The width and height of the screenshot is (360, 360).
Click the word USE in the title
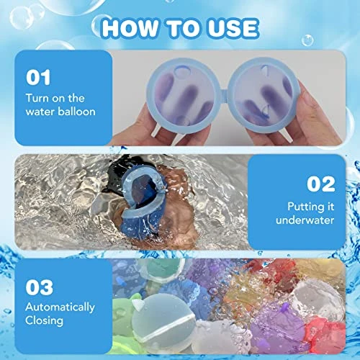pyautogui.click(x=233, y=29)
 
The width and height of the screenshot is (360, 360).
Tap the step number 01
pyautogui.click(x=38, y=77)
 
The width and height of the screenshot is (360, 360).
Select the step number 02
pyautogui.click(x=321, y=184)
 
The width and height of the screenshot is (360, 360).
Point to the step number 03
pyautogui.click(x=40, y=287)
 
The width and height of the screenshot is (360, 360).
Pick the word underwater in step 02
pyautogui.click(x=305, y=220)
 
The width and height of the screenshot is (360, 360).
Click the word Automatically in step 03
pyautogui.click(x=60, y=307)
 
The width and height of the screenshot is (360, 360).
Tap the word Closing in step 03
pyautogui.click(x=44, y=321)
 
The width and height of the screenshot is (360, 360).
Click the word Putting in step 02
pyautogui.click(x=305, y=207)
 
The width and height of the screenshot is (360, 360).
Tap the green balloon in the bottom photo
pyautogui.click(x=122, y=312)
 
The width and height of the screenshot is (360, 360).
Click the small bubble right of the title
pyautogui.click(x=307, y=40)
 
